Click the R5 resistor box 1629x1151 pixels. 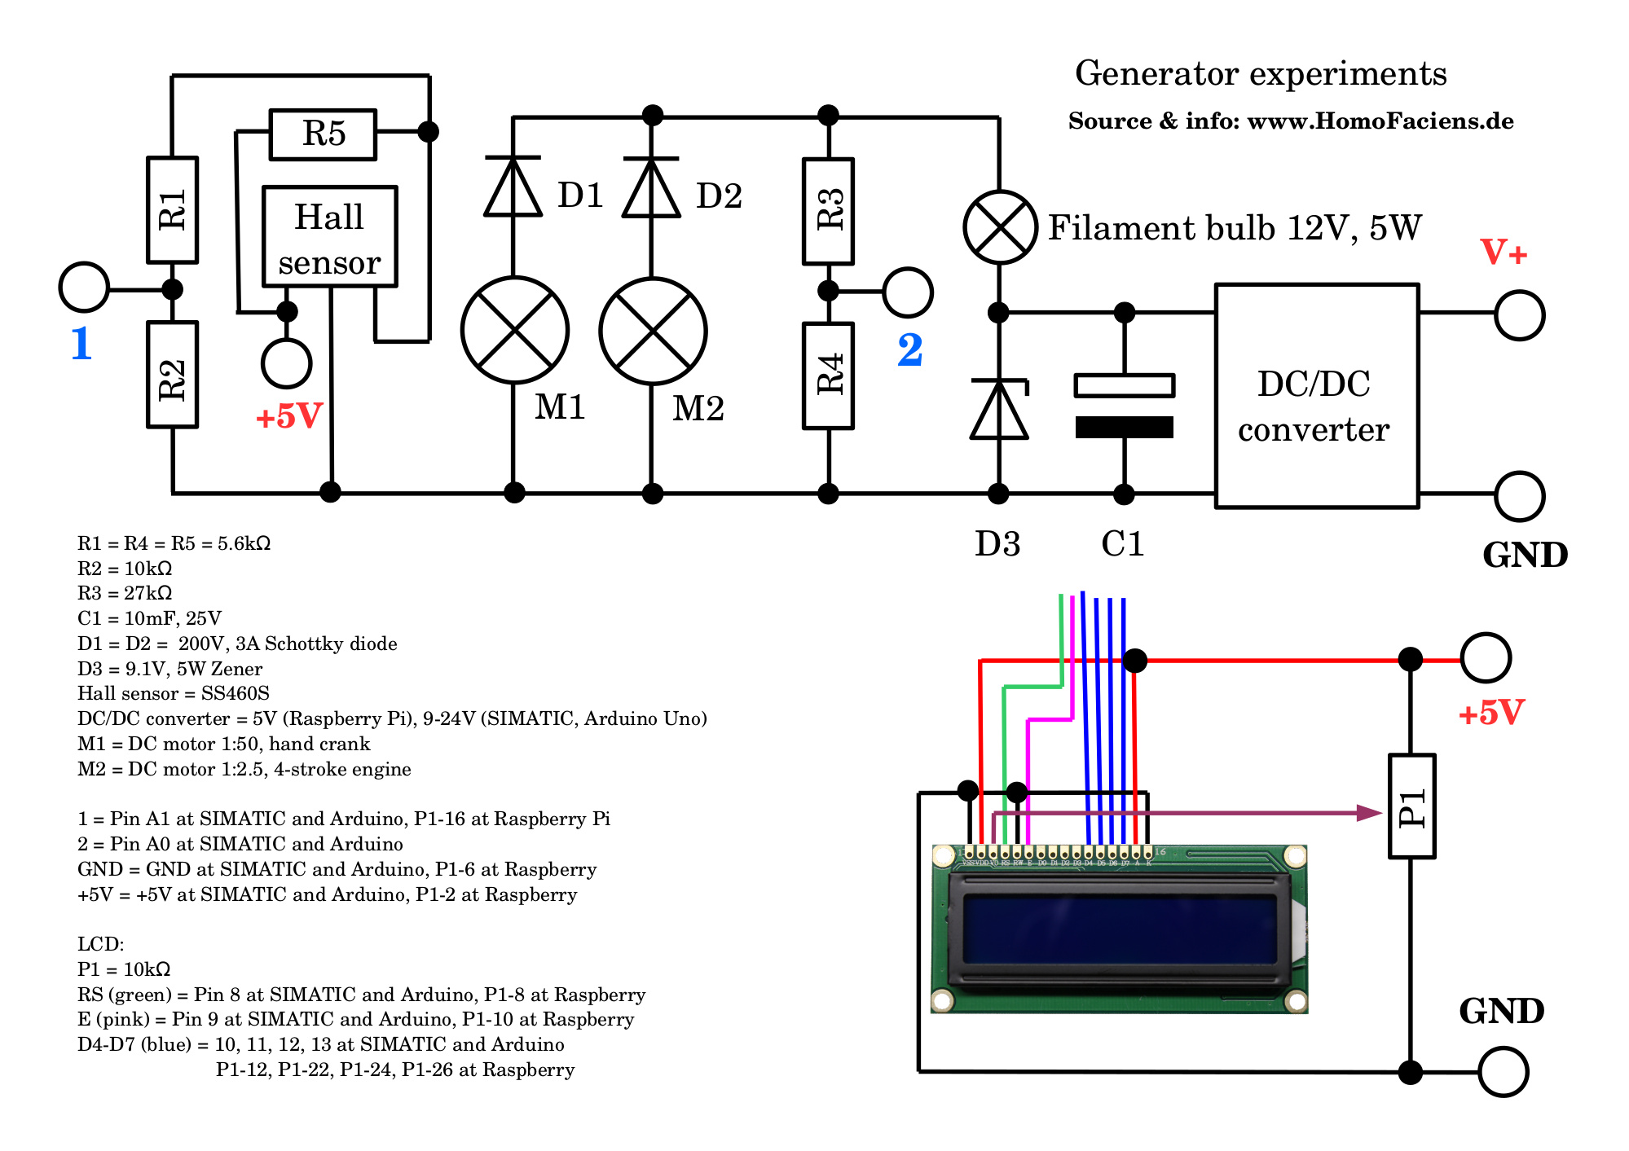[x=323, y=134]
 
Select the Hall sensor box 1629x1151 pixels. [x=329, y=237]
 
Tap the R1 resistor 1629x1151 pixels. [x=172, y=210]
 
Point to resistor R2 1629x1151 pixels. [x=172, y=375]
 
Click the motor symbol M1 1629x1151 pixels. [x=514, y=330]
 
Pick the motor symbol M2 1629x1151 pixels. [x=653, y=331]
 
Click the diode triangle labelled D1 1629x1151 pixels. [x=513, y=188]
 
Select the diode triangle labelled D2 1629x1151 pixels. [x=651, y=189]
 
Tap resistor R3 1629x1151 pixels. [x=828, y=211]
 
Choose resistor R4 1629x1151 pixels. [x=828, y=376]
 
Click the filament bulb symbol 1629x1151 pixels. [x=1000, y=227]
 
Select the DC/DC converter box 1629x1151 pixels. [x=1316, y=396]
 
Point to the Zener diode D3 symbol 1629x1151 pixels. [x=999, y=410]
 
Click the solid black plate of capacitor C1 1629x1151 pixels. [x=1124, y=427]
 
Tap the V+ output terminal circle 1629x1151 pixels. [x=1519, y=315]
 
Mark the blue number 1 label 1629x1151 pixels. [x=81, y=343]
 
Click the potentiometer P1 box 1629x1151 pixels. [x=1411, y=806]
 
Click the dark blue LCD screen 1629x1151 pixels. [x=1120, y=929]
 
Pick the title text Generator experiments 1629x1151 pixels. [x=1261, y=73]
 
